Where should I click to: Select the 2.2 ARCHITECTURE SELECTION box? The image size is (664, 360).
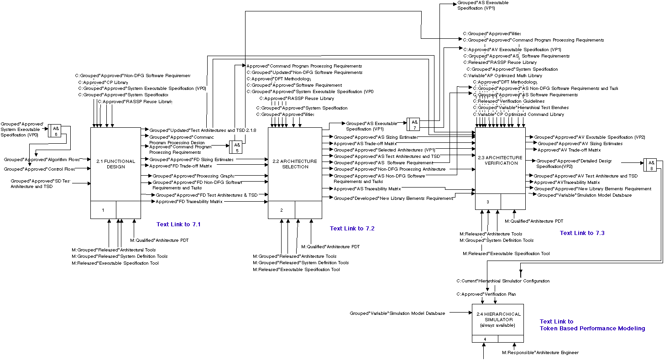294,164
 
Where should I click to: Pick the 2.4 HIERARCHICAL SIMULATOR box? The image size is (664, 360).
497,319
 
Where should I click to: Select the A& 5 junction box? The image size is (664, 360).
235,147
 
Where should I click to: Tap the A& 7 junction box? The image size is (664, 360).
413,125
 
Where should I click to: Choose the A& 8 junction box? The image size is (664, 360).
650,165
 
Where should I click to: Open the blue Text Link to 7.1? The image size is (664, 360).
178,224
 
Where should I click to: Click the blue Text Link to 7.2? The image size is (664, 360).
352,229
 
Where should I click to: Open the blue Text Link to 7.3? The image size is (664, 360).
582,233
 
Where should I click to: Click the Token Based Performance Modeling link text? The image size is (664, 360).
592,329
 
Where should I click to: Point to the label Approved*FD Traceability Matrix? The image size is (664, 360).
189,202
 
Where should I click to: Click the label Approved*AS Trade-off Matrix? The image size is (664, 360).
365,144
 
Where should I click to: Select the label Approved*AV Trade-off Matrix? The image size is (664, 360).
569,150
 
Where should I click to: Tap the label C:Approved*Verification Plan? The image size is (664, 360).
486,294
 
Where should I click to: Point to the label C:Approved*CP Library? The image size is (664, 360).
103,83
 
